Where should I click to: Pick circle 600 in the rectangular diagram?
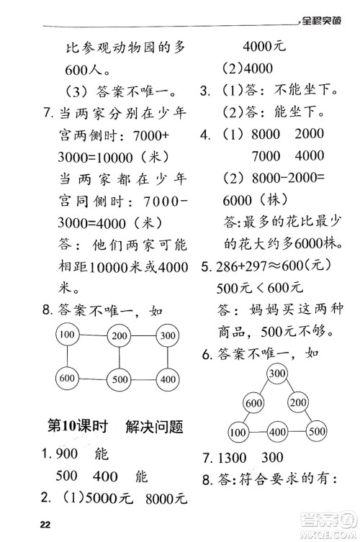(x=67, y=379)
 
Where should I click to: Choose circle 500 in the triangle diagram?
(x=315, y=432)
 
